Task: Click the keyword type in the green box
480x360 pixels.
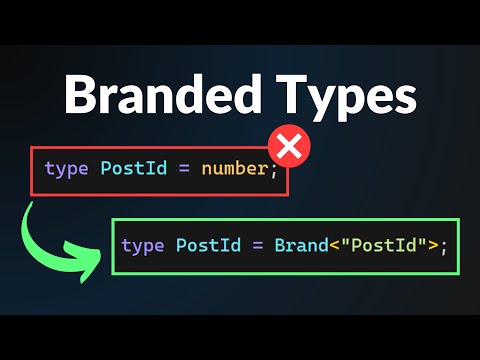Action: (x=143, y=245)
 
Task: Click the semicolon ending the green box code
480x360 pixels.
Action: (x=443, y=246)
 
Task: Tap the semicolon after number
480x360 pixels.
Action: (x=272, y=169)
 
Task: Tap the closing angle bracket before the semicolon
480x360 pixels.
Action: (x=432, y=245)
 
